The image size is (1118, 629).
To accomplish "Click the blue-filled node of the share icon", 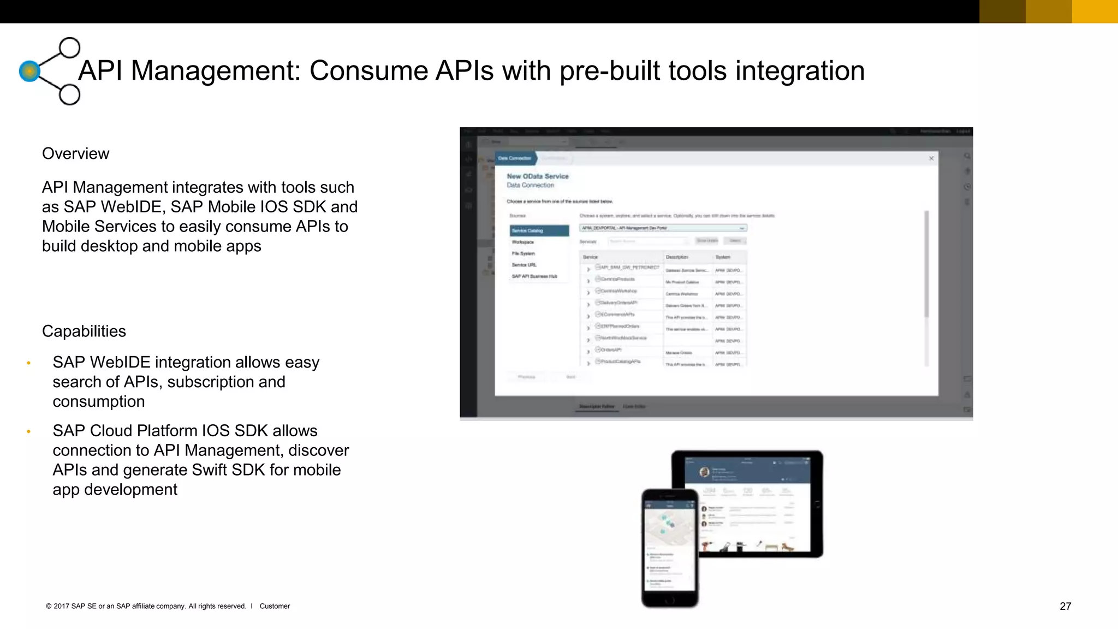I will (29, 71).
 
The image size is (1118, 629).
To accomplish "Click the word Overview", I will (75, 154).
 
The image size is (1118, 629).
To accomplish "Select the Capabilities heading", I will (84, 331).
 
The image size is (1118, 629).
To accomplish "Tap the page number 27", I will (1065, 606).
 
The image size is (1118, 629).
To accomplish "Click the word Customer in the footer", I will (275, 606).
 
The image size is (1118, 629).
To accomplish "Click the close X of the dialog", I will (931, 158).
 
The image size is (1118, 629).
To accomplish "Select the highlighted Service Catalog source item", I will (539, 231).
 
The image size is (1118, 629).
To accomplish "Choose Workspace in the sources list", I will (523, 242).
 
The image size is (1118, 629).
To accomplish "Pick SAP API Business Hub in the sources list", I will (534, 276).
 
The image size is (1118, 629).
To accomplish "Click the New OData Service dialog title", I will (537, 176).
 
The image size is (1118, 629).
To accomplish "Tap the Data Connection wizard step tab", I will (515, 158).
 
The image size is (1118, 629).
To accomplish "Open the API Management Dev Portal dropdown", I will (663, 228).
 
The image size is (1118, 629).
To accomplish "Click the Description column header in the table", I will (677, 257).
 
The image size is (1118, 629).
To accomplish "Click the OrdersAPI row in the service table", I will (611, 350).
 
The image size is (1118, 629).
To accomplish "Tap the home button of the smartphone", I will (670, 600).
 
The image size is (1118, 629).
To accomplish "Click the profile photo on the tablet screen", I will (705, 472).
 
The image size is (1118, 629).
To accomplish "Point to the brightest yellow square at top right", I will (1095, 11).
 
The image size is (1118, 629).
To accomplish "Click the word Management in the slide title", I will (216, 71).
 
